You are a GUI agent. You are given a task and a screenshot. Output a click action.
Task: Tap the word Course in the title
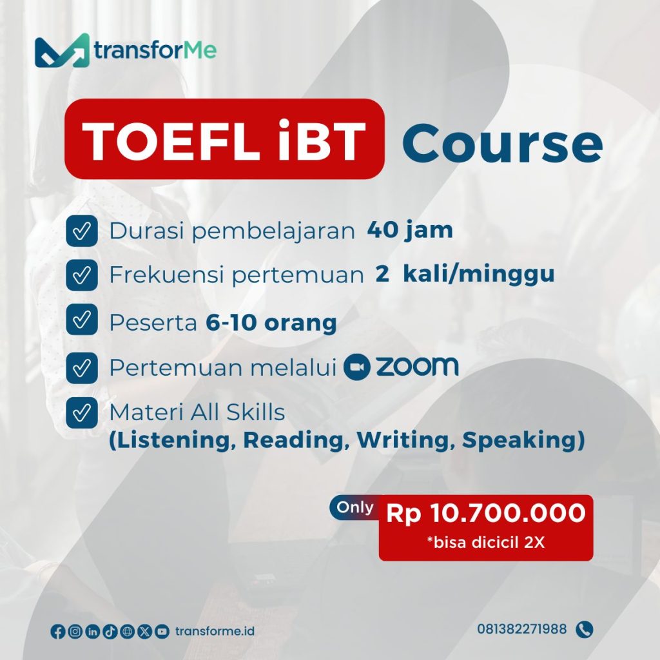(503, 143)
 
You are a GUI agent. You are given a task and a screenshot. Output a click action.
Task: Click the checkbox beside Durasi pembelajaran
(82, 231)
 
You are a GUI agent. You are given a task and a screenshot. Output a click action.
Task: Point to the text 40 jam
(409, 231)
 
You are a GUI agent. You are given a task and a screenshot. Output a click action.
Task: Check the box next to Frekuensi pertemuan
(82, 275)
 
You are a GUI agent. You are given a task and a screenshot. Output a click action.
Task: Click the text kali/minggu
(479, 275)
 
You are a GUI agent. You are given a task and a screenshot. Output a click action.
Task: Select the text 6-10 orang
(271, 323)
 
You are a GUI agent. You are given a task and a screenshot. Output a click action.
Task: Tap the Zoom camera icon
(357, 367)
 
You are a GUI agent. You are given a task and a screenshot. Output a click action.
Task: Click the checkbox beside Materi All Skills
(82, 413)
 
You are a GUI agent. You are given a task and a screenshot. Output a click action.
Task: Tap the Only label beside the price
(355, 507)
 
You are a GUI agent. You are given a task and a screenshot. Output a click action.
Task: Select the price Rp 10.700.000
(486, 513)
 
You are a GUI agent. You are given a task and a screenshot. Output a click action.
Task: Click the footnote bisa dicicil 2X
(486, 543)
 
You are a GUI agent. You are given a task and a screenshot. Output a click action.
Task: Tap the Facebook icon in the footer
(57, 632)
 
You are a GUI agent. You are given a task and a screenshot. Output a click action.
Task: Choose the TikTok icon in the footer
(110, 632)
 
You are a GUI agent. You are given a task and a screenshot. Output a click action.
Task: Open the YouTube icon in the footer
(162, 632)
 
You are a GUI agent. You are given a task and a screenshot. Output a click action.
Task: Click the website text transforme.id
(215, 631)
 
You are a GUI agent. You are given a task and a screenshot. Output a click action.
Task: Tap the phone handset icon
(585, 630)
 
